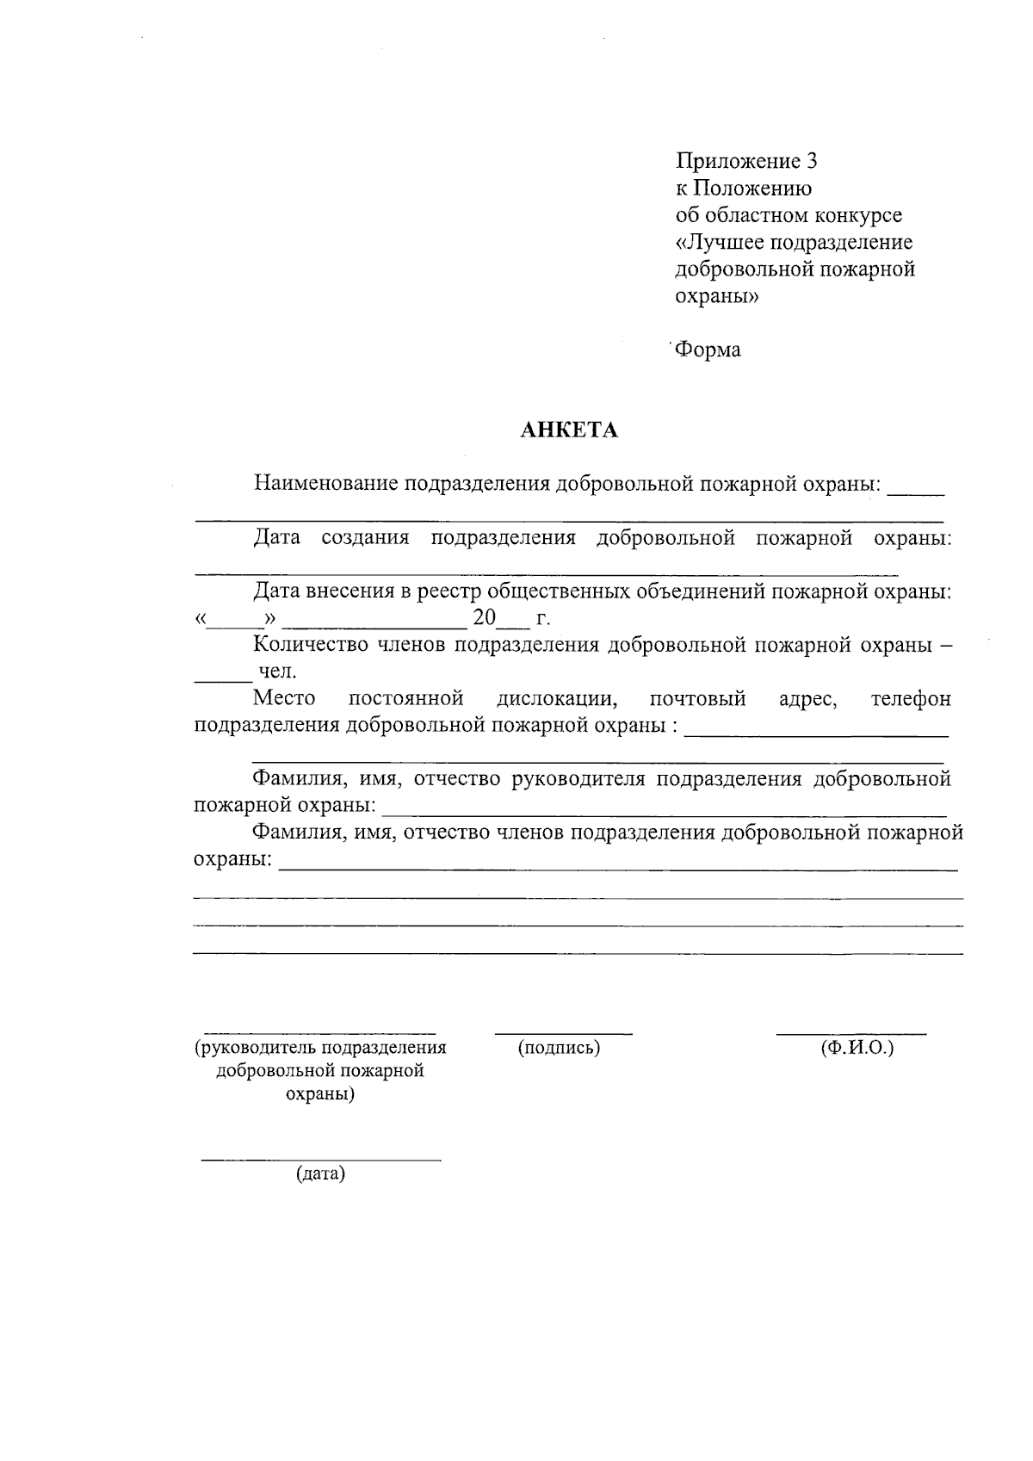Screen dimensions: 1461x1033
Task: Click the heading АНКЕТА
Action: [x=569, y=430]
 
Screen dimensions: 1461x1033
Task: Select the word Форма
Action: [x=708, y=350]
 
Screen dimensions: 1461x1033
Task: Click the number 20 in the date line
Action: [x=485, y=618]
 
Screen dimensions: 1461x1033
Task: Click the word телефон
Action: [x=911, y=698]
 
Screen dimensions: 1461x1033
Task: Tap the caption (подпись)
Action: [x=559, y=1048]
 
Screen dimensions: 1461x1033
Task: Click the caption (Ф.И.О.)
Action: [x=857, y=1048]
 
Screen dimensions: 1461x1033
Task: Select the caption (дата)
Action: [x=320, y=1173]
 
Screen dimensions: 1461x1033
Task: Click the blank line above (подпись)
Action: [x=564, y=1032]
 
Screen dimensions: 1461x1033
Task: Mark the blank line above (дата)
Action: [x=320, y=1161]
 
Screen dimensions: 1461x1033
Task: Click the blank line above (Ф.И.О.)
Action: [x=851, y=1032]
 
